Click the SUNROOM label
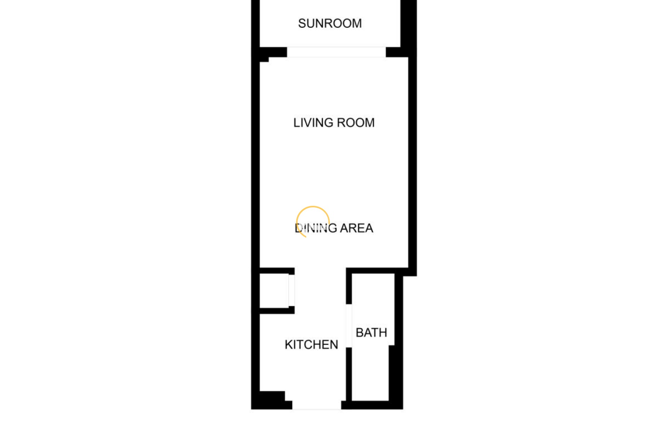click(330, 23)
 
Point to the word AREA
click(357, 228)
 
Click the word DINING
click(316, 228)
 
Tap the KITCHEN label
click(311, 345)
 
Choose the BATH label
click(371, 333)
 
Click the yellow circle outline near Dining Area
click(313, 207)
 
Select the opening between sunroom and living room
click(336, 52)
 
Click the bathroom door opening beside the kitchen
click(349, 326)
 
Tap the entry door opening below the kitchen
click(317, 405)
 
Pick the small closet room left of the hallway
click(274, 291)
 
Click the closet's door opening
click(292, 290)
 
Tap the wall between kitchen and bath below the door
click(349, 374)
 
